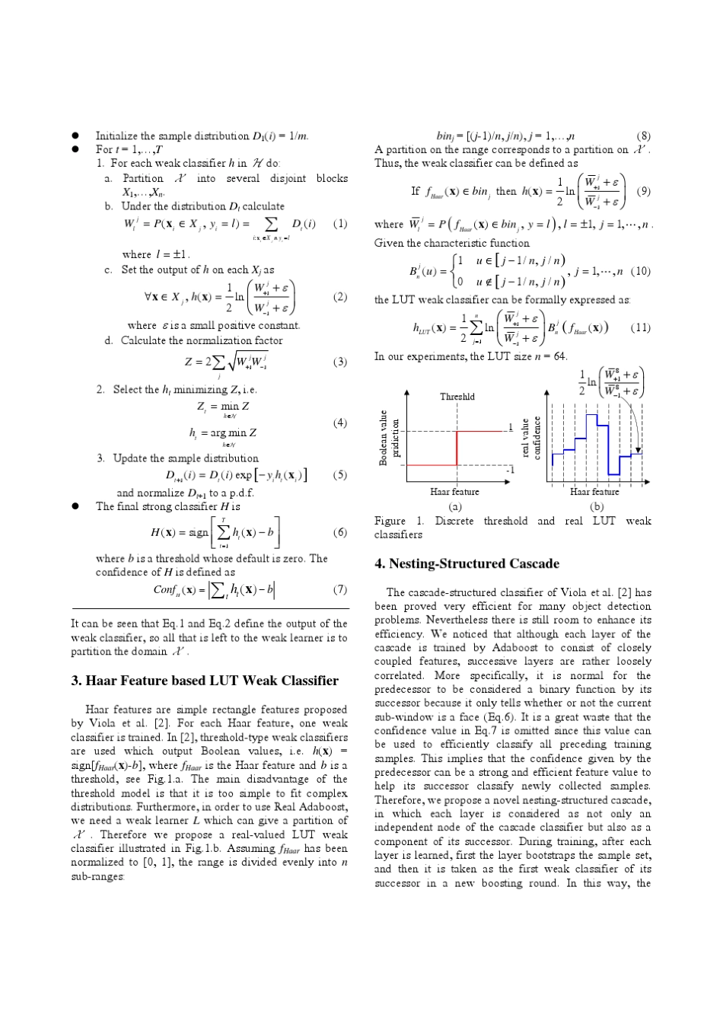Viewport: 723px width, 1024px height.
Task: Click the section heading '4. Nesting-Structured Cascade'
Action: point(466,564)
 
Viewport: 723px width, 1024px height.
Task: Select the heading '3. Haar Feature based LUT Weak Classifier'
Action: point(204,681)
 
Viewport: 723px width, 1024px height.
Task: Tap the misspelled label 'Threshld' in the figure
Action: point(457,397)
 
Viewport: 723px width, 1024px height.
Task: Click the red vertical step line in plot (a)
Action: point(456,447)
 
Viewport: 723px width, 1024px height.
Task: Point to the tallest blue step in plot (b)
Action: point(591,415)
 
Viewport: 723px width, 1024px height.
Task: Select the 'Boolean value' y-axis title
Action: point(384,438)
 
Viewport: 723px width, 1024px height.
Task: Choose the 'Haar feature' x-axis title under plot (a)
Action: point(454,492)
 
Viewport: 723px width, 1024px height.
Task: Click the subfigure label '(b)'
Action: point(596,506)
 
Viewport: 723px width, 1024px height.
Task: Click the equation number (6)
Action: point(339,532)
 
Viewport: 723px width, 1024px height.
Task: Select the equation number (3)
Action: point(339,362)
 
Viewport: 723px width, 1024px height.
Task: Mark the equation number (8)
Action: point(643,137)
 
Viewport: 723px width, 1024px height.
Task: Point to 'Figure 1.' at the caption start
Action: point(400,522)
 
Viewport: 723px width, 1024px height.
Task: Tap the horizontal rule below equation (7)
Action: point(209,609)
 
